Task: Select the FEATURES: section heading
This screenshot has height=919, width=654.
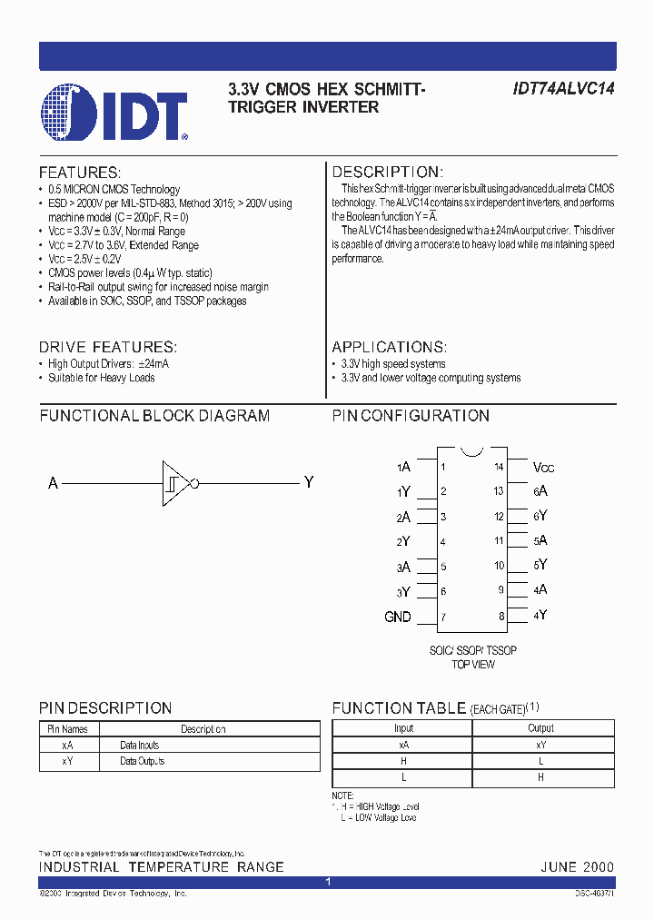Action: tap(79, 173)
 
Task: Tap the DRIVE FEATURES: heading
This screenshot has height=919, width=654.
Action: tap(107, 347)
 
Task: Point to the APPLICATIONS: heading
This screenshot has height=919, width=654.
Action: tap(389, 347)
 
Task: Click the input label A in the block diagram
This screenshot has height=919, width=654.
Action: tap(53, 483)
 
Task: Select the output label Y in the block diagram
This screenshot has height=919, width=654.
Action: tap(308, 482)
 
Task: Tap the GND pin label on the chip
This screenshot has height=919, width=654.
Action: tap(398, 617)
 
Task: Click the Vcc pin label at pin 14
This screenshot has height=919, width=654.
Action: tap(544, 467)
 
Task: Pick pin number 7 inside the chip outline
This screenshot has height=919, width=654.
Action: tap(442, 618)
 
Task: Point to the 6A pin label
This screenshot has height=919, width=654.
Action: tap(540, 491)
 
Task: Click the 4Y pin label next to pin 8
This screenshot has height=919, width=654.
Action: tap(540, 615)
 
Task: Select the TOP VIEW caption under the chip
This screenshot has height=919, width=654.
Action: tap(473, 665)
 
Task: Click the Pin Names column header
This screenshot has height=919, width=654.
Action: tap(67, 729)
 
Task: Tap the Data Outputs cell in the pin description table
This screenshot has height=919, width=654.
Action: tap(143, 762)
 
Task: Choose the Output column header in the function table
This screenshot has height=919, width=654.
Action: tap(540, 728)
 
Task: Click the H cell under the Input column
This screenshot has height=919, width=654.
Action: tap(403, 761)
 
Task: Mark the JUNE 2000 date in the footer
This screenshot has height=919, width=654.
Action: tap(577, 867)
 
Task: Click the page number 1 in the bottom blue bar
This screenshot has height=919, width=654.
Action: tap(327, 883)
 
